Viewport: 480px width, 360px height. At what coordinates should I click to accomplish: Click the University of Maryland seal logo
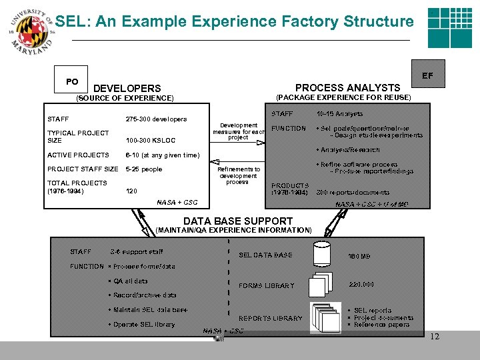28,30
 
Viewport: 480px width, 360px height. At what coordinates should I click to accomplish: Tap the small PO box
72,82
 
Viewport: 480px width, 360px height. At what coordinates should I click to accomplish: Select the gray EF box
426,76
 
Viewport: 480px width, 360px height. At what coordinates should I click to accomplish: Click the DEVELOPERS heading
127,88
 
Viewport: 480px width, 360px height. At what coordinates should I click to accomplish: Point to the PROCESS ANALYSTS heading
347,87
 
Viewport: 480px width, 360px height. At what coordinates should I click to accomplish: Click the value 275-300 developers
156,119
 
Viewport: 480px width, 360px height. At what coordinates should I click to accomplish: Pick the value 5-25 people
143,169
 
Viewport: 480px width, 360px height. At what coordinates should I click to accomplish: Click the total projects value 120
132,191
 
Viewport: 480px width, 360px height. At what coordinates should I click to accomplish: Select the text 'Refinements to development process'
237,175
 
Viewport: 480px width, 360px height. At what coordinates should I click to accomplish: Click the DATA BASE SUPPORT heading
238,221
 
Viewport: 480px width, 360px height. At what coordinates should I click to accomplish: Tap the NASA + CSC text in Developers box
177,203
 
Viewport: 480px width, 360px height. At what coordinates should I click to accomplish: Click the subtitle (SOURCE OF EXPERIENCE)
125,98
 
